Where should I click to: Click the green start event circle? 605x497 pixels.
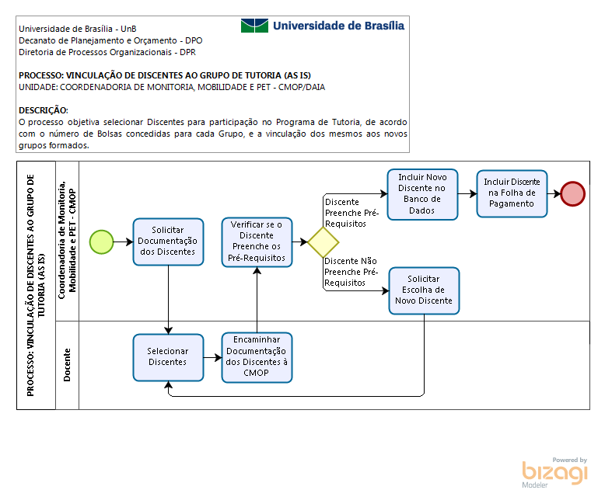coord(101,242)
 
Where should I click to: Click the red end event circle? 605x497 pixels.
coord(573,194)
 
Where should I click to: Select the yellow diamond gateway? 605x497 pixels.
coord(323,242)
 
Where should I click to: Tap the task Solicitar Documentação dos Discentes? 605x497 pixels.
coord(168,242)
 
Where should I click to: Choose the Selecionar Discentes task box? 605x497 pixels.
coord(168,357)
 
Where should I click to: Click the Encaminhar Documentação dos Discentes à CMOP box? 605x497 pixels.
coord(257,357)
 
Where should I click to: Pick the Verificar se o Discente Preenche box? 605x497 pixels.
coord(257,242)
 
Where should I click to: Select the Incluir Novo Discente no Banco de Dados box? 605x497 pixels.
coord(422,194)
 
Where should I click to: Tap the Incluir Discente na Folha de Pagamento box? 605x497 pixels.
coord(512,193)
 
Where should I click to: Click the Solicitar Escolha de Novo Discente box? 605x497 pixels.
coord(424,290)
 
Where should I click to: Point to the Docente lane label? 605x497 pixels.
coord(67,365)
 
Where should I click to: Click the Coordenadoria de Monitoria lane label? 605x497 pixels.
coord(67,240)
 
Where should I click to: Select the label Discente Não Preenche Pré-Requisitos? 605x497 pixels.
coord(351,272)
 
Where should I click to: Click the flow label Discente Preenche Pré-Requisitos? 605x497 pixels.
coord(352,213)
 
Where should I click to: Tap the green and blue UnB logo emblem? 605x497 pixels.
coord(254,26)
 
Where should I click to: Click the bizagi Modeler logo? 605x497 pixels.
coord(554,472)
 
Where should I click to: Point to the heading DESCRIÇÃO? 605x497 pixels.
coord(44,110)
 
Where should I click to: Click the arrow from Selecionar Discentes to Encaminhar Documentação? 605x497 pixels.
coord(212,357)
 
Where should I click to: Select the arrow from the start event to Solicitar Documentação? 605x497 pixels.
coord(123,242)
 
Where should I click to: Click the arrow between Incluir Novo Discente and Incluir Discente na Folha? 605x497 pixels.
coord(467,194)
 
